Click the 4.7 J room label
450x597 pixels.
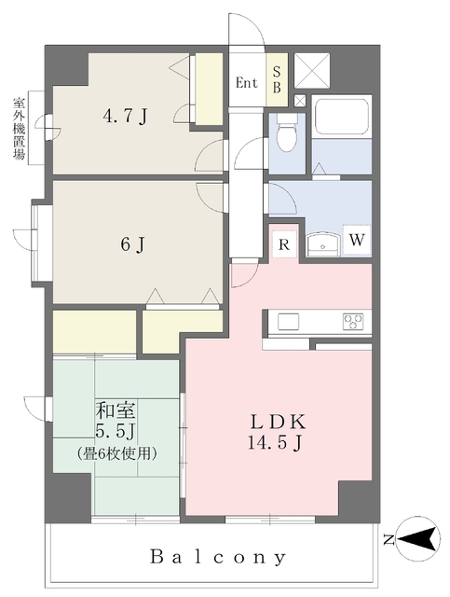click(x=125, y=116)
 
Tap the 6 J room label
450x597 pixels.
click(x=132, y=244)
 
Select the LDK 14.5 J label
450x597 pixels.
click(x=277, y=432)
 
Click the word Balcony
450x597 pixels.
click(x=218, y=558)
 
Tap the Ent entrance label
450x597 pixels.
click(x=247, y=83)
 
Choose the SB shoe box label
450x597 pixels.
click(x=277, y=80)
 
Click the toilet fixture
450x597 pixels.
click(x=286, y=132)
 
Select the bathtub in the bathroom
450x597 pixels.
click(x=342, y=117)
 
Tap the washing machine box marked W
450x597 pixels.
click(x=357, y=241)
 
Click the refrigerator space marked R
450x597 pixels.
click(x=284, y=244)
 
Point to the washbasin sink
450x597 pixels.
click(x=323, y=244)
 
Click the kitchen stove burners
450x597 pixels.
click(x=352, y=321)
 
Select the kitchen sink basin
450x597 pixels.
click(x=288, y=322)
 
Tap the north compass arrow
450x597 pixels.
click(x=417, y=539)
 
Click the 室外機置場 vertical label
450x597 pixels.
click(x=19, y=129)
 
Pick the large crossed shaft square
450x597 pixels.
click(x=312, y=71)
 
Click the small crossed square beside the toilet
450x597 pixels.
click(x=300, y=101)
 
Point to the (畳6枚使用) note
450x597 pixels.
click(x=117, y=453)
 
